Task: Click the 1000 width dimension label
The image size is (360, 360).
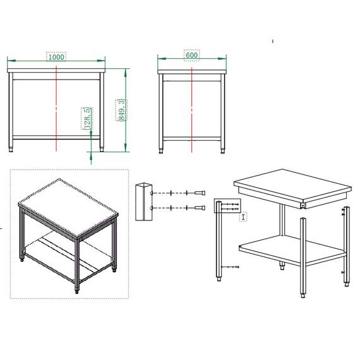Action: click(x=56, y=57)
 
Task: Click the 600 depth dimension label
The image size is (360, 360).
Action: click(x=191, y=55)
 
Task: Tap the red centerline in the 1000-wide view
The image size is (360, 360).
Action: click(x=57, y=107)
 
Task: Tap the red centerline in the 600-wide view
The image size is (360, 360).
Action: click(x=191, y=107)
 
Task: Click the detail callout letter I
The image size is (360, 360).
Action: click(x=244, y=217)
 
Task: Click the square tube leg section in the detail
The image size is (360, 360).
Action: click(x=143, y=201)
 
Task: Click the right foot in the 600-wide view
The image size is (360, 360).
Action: click(x=222, y=150)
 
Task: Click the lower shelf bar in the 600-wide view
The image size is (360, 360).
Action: click(x=191, y=137)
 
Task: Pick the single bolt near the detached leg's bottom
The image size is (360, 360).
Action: click(x=236, y=268)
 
